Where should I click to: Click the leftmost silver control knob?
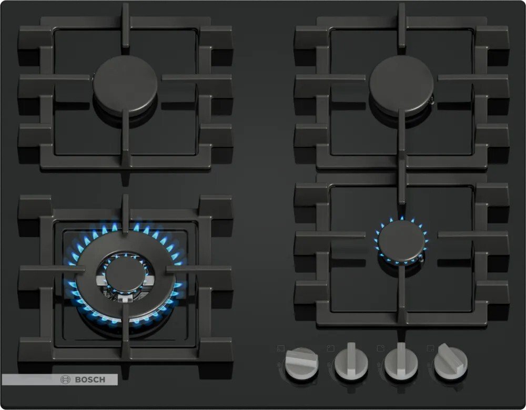(301, 363)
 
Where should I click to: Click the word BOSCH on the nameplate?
(90, 380)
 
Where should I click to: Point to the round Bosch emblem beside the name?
(65, 380)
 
